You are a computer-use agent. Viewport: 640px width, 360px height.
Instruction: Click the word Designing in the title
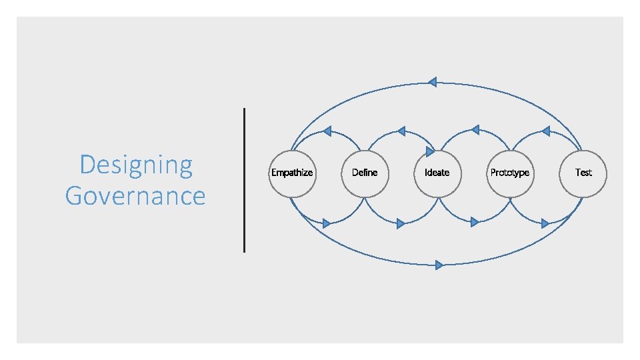point(135,165)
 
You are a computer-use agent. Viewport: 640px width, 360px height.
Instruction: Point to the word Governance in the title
point(135,196)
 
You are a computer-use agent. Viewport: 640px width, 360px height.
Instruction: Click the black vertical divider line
point(245,180)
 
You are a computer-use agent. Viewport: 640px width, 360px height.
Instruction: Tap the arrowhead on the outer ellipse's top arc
point(432,82)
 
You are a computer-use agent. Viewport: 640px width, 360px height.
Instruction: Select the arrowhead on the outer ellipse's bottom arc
point(439,265)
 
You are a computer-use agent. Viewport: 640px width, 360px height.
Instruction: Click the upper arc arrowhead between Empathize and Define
point(327,131)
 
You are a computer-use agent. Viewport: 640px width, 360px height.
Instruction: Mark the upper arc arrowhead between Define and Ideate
point(401,131)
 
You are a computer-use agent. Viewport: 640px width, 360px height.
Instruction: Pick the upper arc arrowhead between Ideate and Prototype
point(474,130)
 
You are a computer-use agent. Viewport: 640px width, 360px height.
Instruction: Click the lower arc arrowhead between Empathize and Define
point(327,223)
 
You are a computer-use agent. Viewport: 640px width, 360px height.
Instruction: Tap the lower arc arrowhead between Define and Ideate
point(400,223)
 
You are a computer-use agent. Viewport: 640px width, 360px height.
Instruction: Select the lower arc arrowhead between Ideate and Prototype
point(474,222)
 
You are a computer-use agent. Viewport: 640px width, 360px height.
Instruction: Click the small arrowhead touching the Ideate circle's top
point(430,152)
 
